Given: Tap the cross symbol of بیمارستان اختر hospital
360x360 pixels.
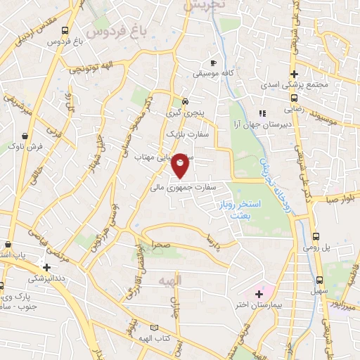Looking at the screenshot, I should pyautogui.click(x=259, y=293).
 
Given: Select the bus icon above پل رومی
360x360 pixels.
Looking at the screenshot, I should pyautogui.click(x=316, y=237).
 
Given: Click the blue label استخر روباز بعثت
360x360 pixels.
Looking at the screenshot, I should pyautogui.click(x=246, y=209).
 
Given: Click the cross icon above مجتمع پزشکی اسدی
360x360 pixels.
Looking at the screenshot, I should pyautogui.click(x=295, y=75).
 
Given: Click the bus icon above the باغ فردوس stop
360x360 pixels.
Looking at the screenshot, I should pyautogui.click(x=65, y=31).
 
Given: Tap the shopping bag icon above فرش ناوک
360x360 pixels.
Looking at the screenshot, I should pyautogui.click(x=25, y=135).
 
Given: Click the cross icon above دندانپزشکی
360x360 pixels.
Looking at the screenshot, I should pyautogui.click(x=46, y=267).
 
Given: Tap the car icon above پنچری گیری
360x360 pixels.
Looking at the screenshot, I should pyautogui.click(x=184, y=101).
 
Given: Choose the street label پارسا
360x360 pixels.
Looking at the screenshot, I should pyautogui.click(x=209, y=241).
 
